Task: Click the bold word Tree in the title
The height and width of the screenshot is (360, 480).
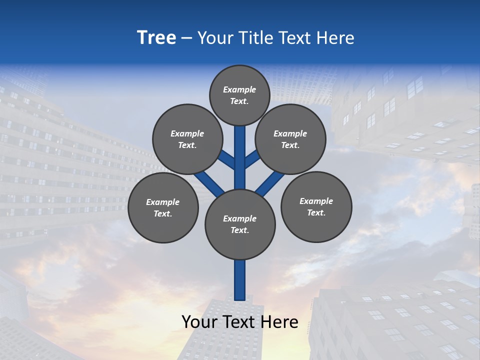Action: point(156,38)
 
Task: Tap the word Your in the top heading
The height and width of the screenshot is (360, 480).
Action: point(213,38)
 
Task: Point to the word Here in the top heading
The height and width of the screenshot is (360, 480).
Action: point(335,38)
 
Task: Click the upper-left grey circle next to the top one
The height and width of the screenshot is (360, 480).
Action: point(187,139)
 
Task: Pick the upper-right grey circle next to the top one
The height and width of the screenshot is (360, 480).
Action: point(290,139)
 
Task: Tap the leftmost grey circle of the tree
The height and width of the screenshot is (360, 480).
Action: point(163,208)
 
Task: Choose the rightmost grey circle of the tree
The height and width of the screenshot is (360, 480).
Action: point(316,207)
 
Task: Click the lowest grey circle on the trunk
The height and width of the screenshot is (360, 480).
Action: point(240,224)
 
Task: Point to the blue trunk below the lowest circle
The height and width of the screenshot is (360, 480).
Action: point(240,280)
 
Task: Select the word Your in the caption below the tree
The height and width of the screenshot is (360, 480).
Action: point(199,322)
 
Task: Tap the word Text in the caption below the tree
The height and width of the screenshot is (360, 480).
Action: point(240,322)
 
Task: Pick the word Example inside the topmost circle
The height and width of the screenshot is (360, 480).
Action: point(239,89)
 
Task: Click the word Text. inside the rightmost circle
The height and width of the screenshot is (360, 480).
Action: point(316,212)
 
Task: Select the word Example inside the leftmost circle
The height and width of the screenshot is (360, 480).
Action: point(162,202)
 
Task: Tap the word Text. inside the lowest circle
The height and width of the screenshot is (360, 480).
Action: point(239,230)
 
